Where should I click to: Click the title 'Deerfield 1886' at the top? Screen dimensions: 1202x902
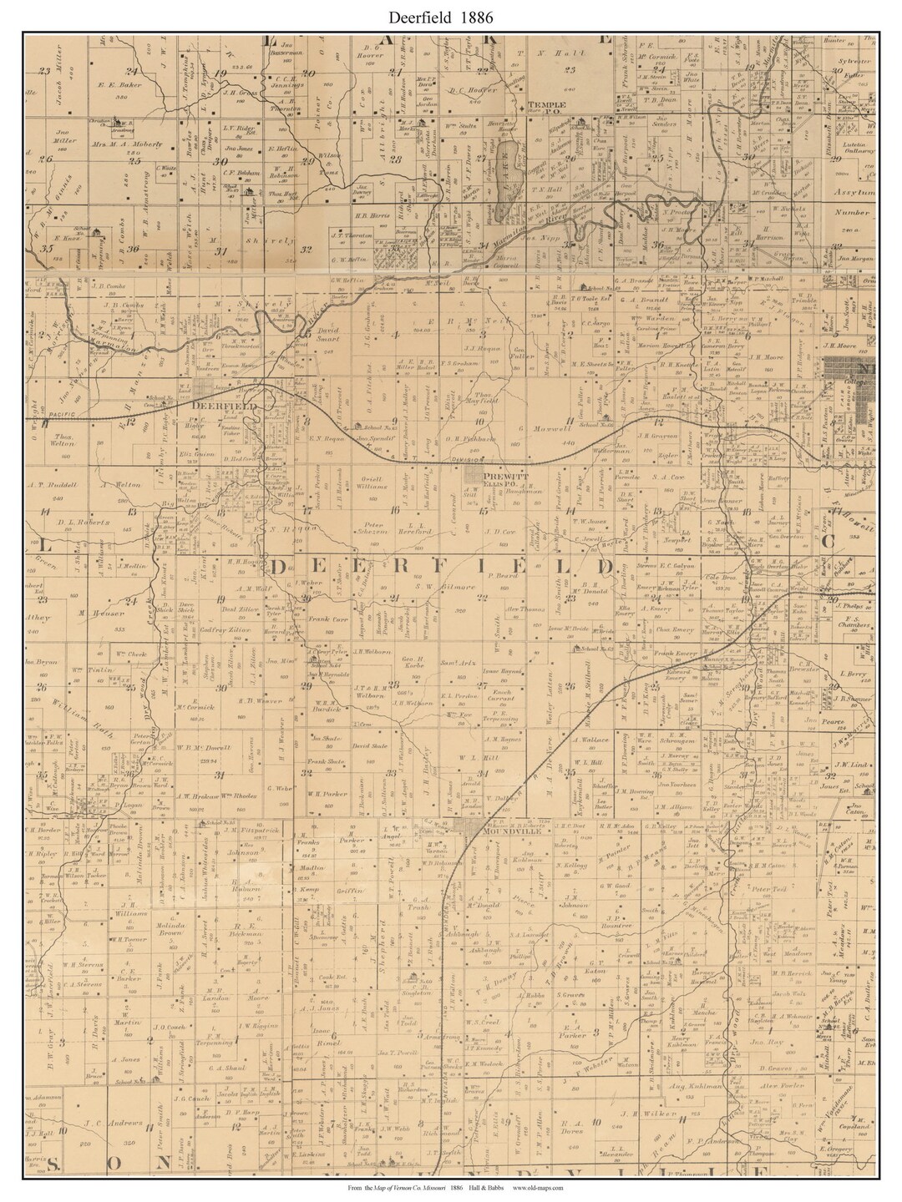pyautogui.click(x=450, y=14)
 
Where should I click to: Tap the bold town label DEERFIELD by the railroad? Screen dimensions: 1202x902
pyautogui.click(x=216, y=405)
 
